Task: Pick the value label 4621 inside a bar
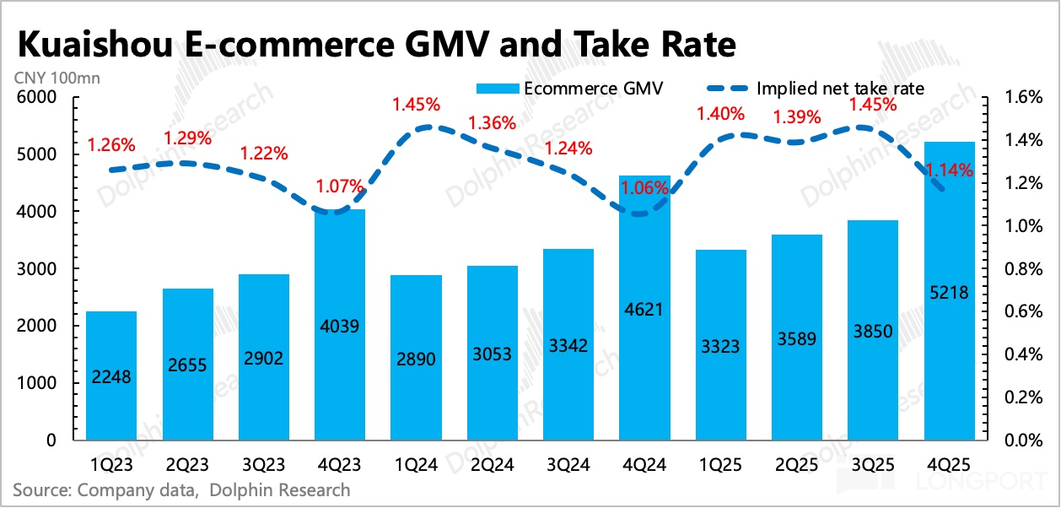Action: pos(644,310)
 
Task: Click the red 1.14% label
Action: pos(951,170)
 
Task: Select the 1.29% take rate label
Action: pos(186,137)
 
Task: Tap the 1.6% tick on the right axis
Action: pos(1024,98)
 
